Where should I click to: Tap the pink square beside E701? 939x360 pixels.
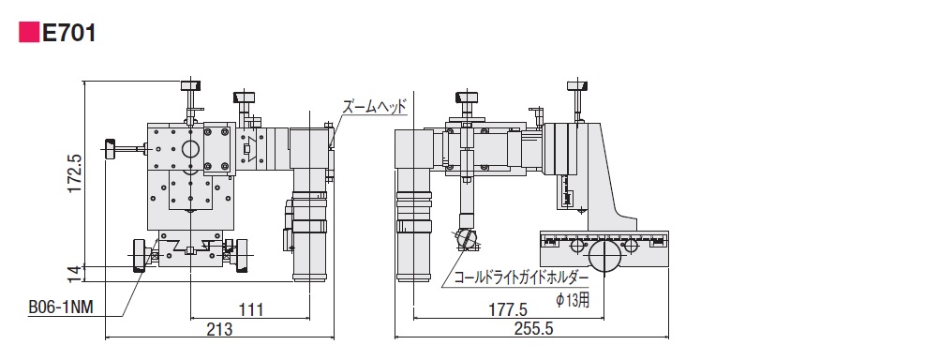[28, 33]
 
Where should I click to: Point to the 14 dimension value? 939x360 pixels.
[74, 273]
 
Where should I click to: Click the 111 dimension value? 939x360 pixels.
[251, 309]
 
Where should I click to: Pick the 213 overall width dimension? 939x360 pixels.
[220, 328]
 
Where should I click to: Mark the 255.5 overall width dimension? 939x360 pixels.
[532, 328]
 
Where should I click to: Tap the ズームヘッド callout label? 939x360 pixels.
[374, 107]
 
